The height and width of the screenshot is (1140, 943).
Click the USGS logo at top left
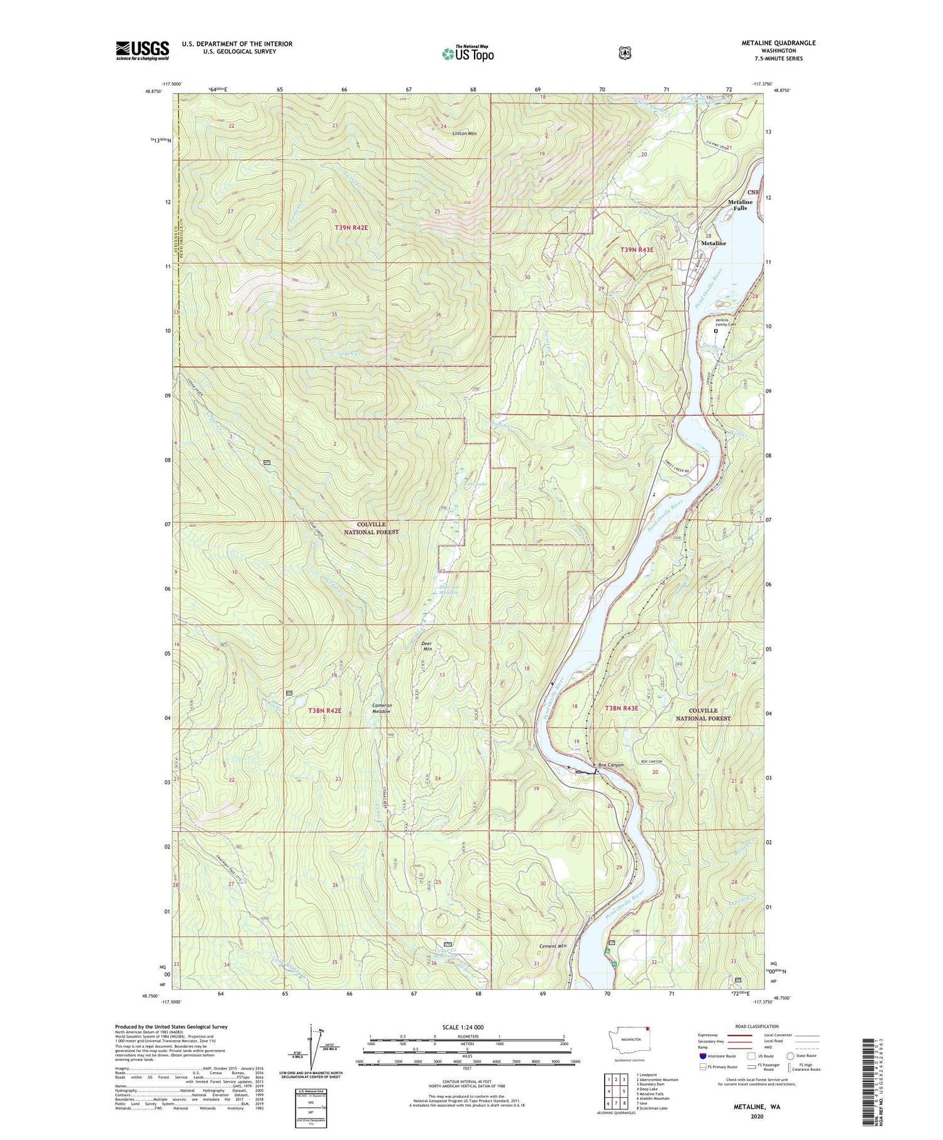[x=142, y=50]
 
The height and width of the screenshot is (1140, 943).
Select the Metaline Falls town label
[x=740, y=204]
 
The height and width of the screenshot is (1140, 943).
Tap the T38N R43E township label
[x=621, y=708]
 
